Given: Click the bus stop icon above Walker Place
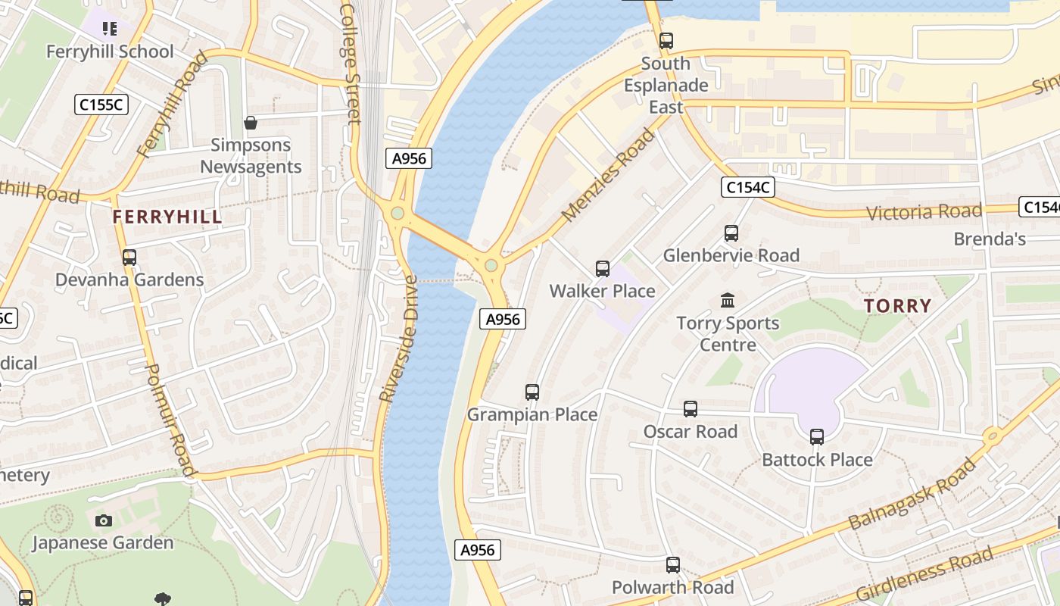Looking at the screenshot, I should click(603, 269).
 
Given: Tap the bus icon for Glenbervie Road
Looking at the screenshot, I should click(731, 233).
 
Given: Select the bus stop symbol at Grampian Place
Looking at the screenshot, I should click(532, 392).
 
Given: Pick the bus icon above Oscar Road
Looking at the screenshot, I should click(691, 409).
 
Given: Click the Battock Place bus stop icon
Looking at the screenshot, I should click(817, 437).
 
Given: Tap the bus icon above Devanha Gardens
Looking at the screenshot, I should click(129, 258).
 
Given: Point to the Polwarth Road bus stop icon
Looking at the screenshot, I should click(673, 565).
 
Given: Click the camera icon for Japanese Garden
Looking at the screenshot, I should click(104, 520).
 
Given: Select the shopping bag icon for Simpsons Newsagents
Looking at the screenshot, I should click(251, 123).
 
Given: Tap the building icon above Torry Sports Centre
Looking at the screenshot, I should click(728, 301).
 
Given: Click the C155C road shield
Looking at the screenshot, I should click(101, 105).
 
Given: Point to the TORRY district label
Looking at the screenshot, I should click(897, 306).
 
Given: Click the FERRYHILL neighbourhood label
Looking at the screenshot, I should click(167, 217).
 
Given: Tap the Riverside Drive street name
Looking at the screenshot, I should click(399, 339).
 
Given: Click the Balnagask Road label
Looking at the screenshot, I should click(912, 495).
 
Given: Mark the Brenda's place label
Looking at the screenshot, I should click(990, 239).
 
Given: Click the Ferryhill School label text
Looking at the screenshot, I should click(111, 52).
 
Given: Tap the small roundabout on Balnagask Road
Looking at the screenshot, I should click(992, 436).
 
